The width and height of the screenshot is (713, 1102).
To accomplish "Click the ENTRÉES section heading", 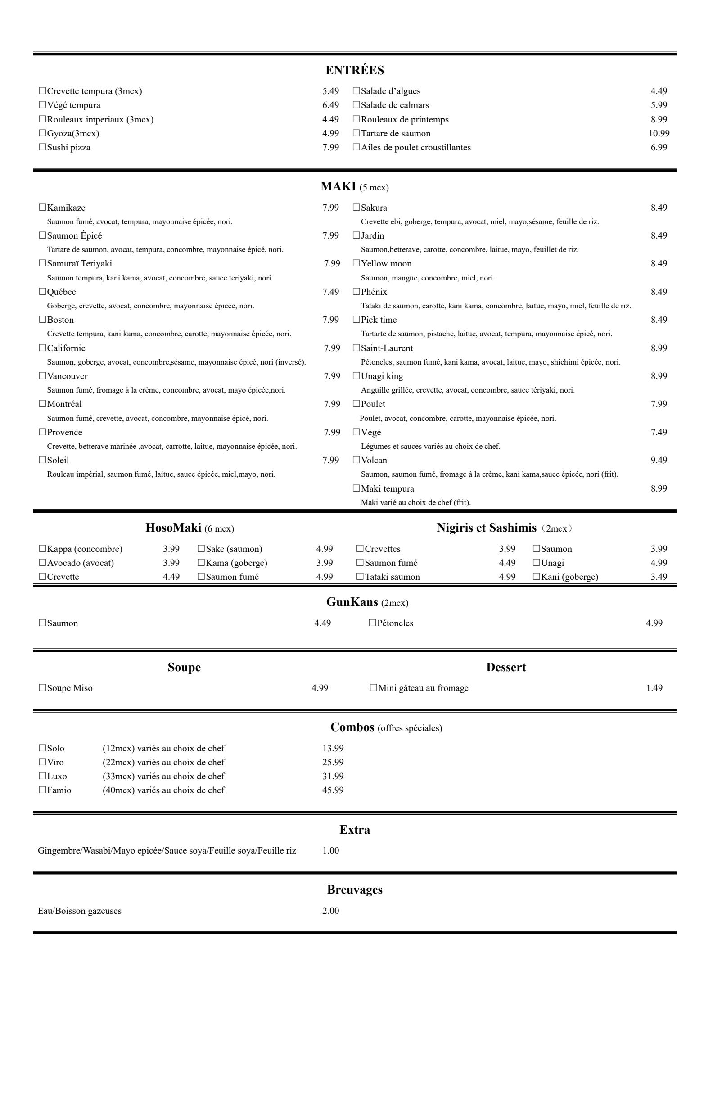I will [355, 70].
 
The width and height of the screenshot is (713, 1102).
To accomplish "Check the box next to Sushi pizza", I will [43, 147].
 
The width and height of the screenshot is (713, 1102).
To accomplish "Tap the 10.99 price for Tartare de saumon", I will [659, 133].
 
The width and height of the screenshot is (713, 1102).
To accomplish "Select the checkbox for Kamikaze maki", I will [43, 208].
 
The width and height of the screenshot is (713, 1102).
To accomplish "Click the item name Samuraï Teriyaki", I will [79, 263].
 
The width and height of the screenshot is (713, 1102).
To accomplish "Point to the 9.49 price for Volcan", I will [659, 460].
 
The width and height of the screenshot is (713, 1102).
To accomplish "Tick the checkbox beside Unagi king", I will [356, 376].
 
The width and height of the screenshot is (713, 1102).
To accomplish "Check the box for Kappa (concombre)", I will [43, 549].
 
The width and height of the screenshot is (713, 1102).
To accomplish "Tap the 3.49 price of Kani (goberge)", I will [659, 577].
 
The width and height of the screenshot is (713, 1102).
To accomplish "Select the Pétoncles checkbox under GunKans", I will [372, 623].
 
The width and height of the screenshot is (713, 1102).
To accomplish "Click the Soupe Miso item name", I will [69, 688].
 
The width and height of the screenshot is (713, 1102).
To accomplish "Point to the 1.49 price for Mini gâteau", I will [654, 688].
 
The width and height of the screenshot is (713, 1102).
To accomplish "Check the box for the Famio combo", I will [43, 790].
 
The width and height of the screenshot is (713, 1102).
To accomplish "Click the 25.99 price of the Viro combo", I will [333, 762].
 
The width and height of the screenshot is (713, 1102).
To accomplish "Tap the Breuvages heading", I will [355, 890].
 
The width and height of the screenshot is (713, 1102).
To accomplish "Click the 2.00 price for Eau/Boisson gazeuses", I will [330, 911].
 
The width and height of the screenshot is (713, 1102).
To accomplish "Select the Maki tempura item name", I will [388, 488].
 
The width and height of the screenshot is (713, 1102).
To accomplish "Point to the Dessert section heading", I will [506, 667].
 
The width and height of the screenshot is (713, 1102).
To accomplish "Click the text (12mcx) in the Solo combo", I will [118, 748].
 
